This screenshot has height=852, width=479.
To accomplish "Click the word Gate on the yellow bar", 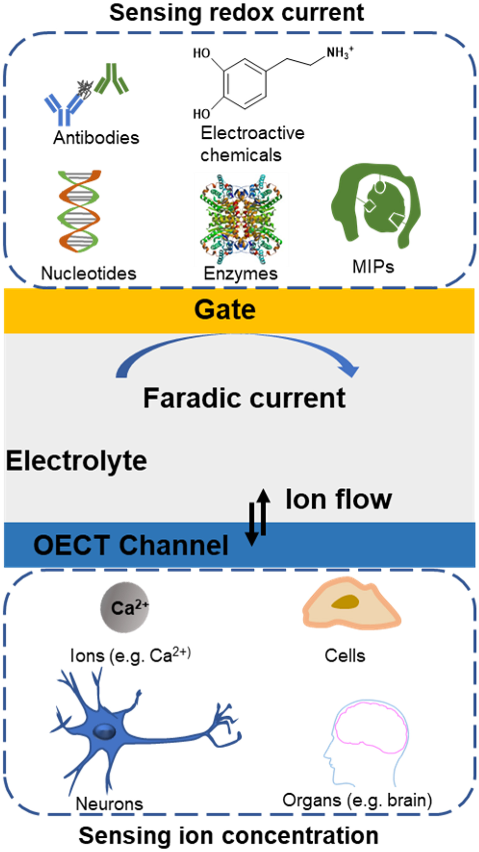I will pos(225,309).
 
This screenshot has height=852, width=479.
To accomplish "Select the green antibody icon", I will pos(112,79).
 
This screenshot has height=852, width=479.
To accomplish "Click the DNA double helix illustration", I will pos(79,211).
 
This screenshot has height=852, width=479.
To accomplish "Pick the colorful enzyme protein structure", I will pos(241,219).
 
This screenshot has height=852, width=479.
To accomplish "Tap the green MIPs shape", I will pos(375,205).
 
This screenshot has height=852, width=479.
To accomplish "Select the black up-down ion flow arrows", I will pos(257,517).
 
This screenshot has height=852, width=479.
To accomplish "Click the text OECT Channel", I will pos(131,545).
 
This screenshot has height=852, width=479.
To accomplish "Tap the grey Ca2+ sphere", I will pos(125,607).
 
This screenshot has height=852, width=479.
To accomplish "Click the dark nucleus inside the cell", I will pos(345,602).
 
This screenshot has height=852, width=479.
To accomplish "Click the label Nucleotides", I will pos(89,274).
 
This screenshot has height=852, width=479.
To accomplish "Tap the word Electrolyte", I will pos(77,461).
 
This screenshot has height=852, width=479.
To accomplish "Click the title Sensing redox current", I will pos(237,13).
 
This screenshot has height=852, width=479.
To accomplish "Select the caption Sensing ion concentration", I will pos(229,835).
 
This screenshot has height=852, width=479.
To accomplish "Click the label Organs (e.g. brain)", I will pos(357,800).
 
